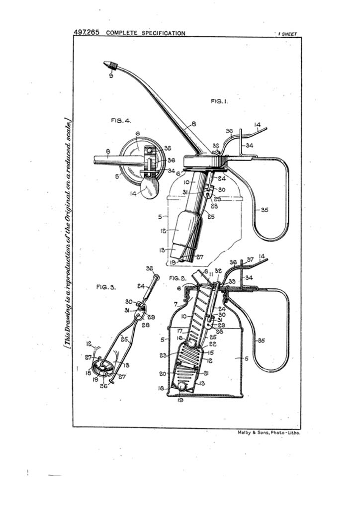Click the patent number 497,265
coord(87,32)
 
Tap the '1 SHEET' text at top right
coord(287,34)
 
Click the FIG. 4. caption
coord(121,120)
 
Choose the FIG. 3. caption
coord(105,287)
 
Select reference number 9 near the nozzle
coord(111,76)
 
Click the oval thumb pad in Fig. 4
coord(150,188)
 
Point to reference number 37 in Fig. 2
coord(250,260)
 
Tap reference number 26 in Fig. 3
coord(104,385)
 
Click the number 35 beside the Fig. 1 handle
coord(265,210)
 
